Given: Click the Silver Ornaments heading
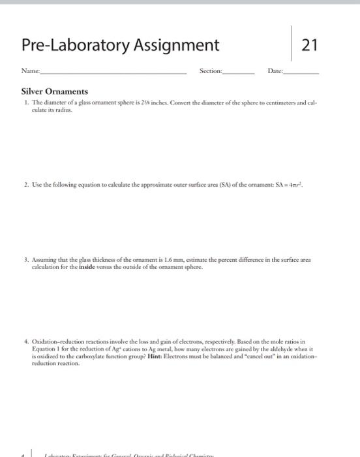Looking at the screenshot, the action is [x=55, y=91].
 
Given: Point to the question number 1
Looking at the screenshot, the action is [x=24, y=104].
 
